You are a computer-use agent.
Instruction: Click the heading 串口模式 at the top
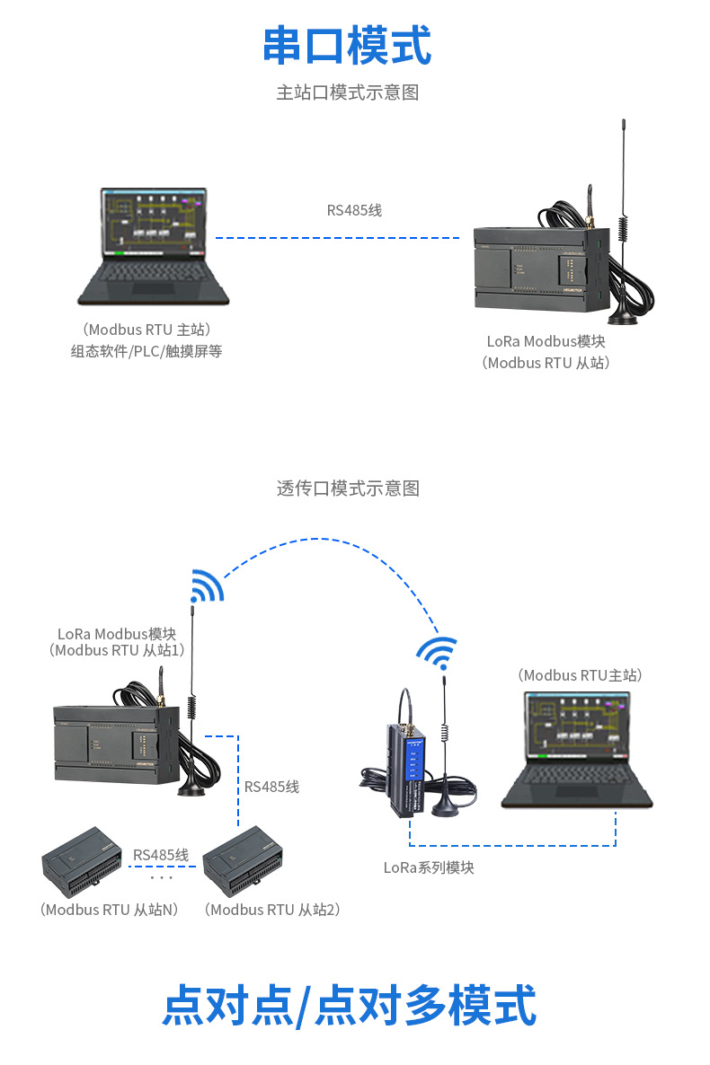point(347,46)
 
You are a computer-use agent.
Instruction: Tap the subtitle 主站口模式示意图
point(347,92)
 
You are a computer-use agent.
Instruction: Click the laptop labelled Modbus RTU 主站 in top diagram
point(152,246)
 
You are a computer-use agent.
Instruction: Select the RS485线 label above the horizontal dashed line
point(354,211)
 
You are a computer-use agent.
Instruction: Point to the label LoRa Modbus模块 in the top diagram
point(546,342)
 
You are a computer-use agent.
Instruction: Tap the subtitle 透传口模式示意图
point(348,488)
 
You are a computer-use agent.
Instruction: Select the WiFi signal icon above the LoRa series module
point(438,653)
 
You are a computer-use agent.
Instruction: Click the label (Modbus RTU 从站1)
point(117,651)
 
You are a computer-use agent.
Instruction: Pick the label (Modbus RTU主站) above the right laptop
point(581,675)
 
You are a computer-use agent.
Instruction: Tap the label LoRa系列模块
point(429,867)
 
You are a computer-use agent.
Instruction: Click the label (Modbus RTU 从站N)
point(109,910)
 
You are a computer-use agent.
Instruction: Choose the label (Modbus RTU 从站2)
point(272,910)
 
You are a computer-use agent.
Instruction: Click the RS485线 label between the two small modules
point(161,855)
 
